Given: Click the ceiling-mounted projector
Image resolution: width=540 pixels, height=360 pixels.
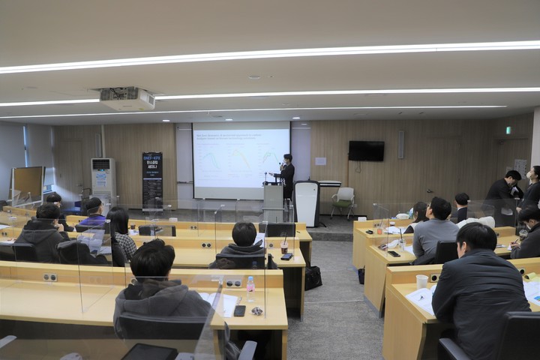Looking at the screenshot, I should pos(127,98).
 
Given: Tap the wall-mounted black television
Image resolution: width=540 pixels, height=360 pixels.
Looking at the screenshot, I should pos(366,151).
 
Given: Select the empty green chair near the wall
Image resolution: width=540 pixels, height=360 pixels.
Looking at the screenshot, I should pos(344,199).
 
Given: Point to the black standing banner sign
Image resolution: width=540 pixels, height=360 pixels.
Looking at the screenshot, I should pos(152,180).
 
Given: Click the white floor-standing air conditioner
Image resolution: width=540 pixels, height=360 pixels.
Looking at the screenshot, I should pos(103,180).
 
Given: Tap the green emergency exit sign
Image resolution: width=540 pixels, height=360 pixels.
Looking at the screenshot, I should pos(508,130).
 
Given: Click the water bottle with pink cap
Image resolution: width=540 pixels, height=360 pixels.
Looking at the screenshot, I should pos(250,288).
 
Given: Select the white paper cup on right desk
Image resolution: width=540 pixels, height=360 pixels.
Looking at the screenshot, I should pos(422,281).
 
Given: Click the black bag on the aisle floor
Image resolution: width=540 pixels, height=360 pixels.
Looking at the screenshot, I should pos(313,277).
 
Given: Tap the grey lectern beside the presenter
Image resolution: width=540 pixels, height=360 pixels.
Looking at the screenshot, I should pos(273,202).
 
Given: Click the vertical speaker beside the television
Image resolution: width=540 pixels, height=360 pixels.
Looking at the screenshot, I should pos(401,145).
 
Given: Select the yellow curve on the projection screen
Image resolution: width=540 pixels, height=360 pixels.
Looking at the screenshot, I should pos(211,160).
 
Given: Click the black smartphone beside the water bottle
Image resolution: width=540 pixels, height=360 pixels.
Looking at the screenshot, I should pos(239,310).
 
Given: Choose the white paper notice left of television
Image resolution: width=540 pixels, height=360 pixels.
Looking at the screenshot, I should pos(321,160).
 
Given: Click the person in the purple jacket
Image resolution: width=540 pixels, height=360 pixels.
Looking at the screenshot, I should pos(93,213).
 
